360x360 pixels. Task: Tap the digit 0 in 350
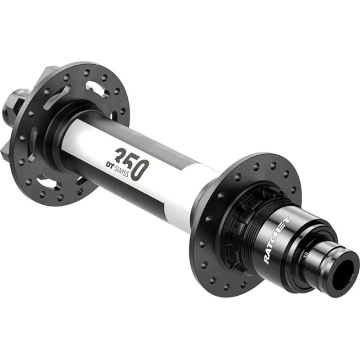pos(140,170)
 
